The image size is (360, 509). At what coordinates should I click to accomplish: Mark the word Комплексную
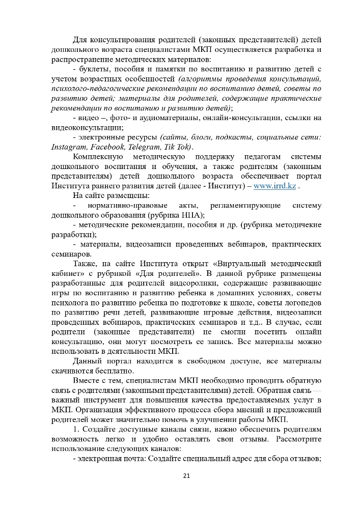[100, 156]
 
